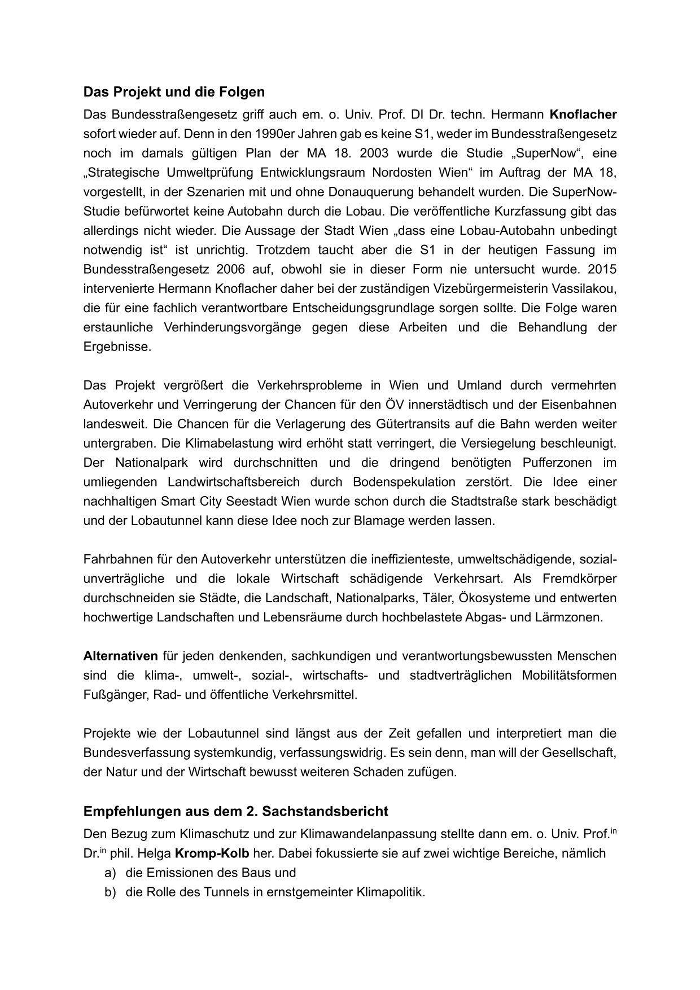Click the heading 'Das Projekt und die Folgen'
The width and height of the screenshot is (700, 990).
174,91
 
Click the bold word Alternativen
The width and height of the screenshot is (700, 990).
120,656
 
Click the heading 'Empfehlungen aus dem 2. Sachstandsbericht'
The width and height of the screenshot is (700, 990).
235,811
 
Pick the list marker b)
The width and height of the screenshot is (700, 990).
110,892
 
